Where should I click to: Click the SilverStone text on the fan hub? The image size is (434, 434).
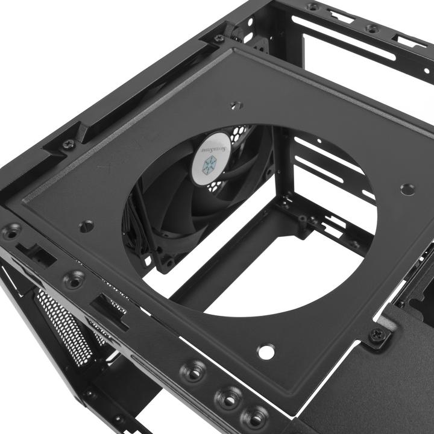click(x=215, y=146)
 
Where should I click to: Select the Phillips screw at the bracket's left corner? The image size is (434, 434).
click(x=68, y=145)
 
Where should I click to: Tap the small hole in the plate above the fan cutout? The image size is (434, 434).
click(x=236, y=105)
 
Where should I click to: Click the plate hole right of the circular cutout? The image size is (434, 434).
click(x=407, y=189)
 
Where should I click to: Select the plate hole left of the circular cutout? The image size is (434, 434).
click(x=86, y=226)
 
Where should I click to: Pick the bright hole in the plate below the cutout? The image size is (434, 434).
click(x=265, y=351)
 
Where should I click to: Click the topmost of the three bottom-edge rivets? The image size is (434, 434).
click(x=194, y=370)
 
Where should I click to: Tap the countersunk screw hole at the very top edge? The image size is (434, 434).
click(x=312, y=7)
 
